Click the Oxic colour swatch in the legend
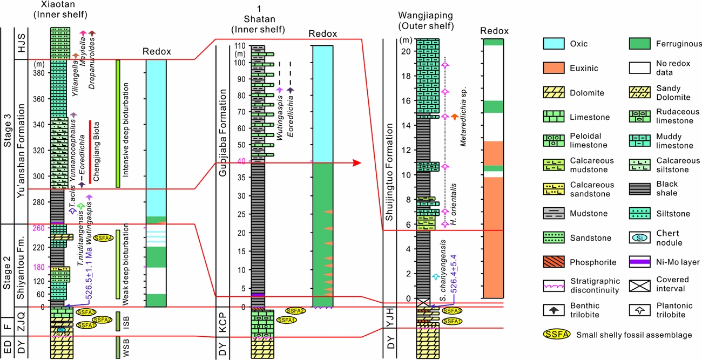tap(556, 44)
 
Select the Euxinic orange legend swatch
tap(556, 68)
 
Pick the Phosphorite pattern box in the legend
tap(556, 262)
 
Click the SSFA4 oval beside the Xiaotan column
tap(103, 237)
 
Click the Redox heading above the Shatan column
tap(322, 34)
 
